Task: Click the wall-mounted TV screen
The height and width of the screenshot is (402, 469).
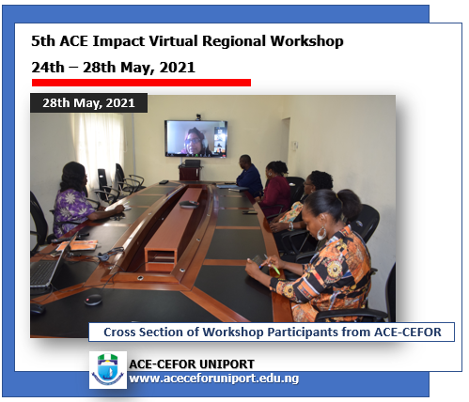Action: point(195,137)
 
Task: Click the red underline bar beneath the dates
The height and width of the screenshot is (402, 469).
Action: point(140,83)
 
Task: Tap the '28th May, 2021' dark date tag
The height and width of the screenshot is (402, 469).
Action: point(88,102)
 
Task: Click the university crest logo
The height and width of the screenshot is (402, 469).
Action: point(107,370)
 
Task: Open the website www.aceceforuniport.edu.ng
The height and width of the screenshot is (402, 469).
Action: point(213,378)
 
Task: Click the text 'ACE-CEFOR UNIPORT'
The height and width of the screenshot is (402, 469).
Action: point(192,363)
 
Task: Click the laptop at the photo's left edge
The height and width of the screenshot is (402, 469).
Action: point(45,268)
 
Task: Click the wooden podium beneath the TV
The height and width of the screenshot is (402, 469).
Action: point(191,172)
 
